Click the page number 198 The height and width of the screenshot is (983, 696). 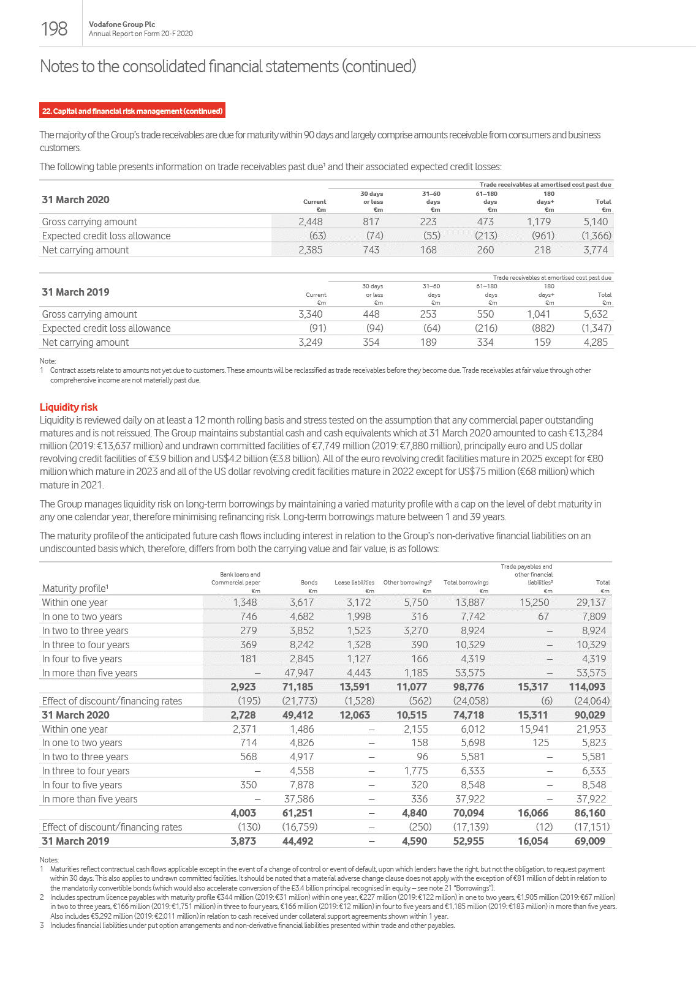[54, 29]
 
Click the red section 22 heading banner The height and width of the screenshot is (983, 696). [132, 111]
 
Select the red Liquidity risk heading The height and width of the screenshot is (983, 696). [69, 407]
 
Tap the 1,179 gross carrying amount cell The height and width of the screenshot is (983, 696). [539, 222]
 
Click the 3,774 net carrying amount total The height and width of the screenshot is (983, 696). [596, 250]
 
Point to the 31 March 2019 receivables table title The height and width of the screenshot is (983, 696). [75, 292]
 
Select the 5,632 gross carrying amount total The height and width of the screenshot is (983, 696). [596, 314]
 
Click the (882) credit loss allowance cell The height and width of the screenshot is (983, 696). [543, 328]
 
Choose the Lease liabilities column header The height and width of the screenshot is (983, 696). [354, 583]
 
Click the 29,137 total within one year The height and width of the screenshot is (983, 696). [591, 602]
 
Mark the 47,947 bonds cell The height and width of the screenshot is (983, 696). [299, 673]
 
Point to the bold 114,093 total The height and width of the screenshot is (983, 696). [587, 687]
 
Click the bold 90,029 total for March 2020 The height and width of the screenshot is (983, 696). [589, 715]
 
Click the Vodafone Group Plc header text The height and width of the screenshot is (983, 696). [122, 24]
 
